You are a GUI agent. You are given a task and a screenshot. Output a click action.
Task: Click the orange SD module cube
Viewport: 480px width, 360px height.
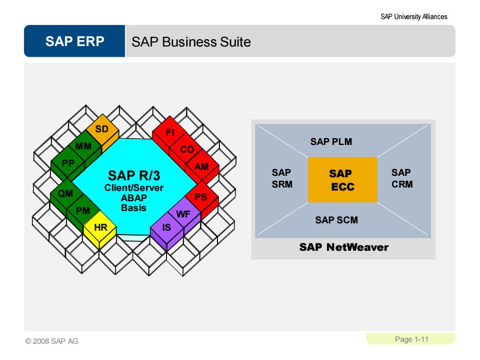[102, 132]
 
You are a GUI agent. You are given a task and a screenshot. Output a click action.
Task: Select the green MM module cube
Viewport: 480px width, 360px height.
[85, 148]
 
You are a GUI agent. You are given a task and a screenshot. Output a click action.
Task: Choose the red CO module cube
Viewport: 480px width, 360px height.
[186, 151]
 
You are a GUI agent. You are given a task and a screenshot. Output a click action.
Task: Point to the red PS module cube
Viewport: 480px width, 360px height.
[202, 199]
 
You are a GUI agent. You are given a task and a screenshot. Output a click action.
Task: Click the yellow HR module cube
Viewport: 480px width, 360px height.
[100, 230]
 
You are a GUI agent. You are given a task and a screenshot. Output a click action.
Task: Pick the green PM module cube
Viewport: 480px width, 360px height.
[83, 213]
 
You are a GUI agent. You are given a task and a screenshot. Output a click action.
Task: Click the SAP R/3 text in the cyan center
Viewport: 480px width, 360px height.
[134, 176]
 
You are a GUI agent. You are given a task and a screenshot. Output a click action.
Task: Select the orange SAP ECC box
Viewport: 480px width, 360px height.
[342, 180]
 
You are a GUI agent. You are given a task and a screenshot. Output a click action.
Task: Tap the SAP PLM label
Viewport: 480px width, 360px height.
[331, 142]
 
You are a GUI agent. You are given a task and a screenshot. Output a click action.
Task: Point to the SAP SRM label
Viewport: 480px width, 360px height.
[282, 178]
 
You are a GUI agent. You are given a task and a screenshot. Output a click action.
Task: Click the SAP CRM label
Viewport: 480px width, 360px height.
[402, 178]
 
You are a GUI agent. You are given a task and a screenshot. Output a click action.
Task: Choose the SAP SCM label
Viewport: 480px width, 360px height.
[336, 220]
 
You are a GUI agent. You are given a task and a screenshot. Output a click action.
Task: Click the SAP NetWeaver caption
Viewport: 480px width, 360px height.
[344, 247]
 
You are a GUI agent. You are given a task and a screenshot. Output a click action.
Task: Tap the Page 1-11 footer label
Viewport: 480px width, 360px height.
[411, 339]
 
